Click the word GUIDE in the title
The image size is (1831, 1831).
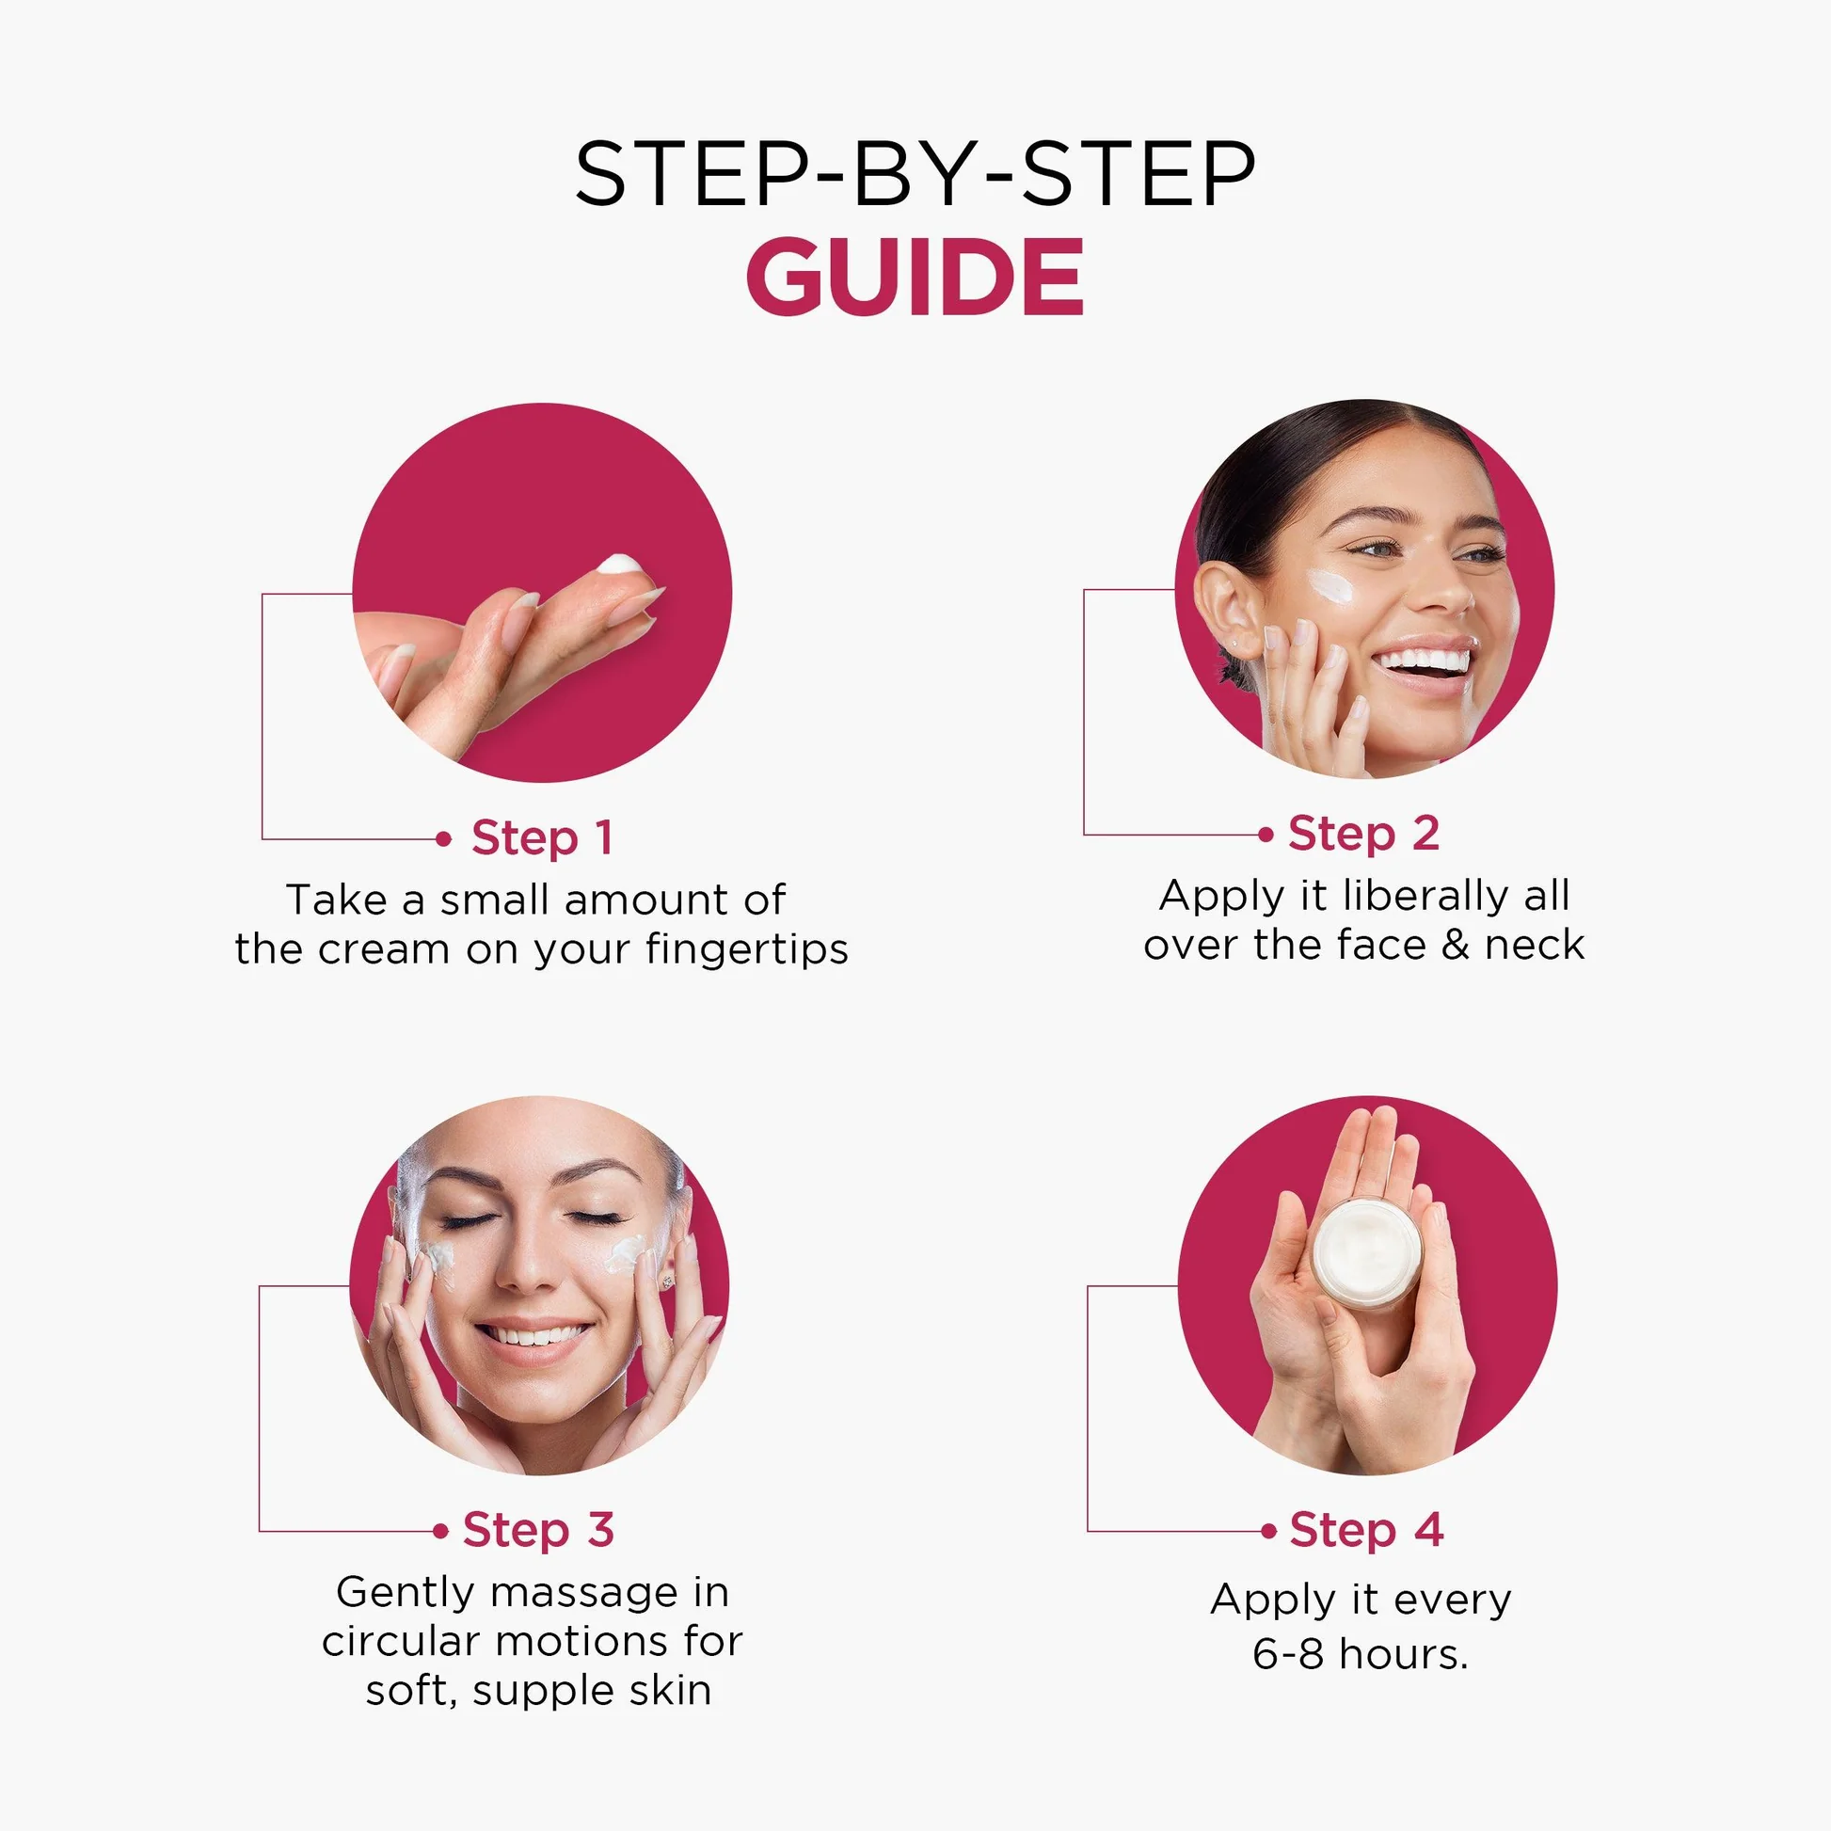pyautogui.click(x=915, y=277)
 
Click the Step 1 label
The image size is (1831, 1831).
pyautogui.click(x=542, y=838)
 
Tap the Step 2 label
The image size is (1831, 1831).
pyautogui.click(x=1363, y=835)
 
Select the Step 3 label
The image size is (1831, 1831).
pyautogui.click(x=538, y=1531)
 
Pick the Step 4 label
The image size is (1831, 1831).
pyautogui.click(x=1366, y=1530)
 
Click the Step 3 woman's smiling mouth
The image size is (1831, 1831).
pyautogui.click(x=533, y=1338)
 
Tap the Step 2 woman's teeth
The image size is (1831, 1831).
pyautogui.click(x=1425, y=659)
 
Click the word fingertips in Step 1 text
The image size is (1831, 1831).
pyautogui.click(x=747, y=950)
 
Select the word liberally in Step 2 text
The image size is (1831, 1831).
pyautogui.click(x=1425, y=897)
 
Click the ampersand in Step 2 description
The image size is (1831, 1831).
pyautogui.click(x=1456, y=946)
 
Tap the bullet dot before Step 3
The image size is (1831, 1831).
pyautogui.click(x=440, y=1532)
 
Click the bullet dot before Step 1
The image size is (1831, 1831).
pyautogui.click(x=443, y=839)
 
